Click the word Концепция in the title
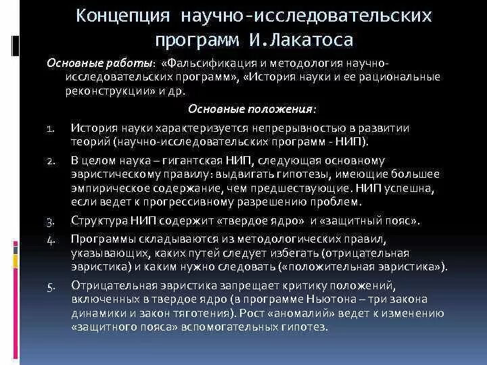click(x=126, y=15)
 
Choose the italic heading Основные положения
click(x=251, y=109)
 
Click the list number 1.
click(x=51, y=128)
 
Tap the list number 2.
click(x=51, y=162)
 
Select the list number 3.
click(x=51, y=221)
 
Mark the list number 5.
click(x=51, y=285)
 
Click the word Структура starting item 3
click(x=98, y=220)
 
